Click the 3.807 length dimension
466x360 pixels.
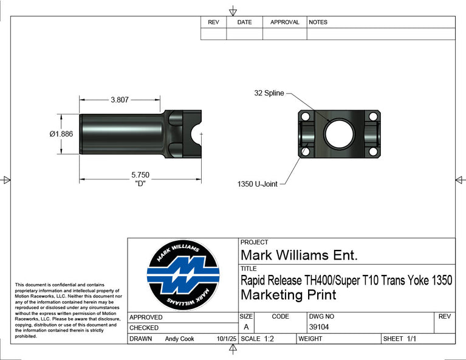120,100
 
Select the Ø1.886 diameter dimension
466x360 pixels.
61,134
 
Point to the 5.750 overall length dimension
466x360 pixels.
140,175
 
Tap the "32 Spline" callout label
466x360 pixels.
269,93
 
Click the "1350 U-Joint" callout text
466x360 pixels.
258,184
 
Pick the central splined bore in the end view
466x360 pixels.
339,134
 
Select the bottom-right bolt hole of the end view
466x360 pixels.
373,151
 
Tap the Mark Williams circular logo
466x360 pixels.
183,275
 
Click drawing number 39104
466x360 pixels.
319,327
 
